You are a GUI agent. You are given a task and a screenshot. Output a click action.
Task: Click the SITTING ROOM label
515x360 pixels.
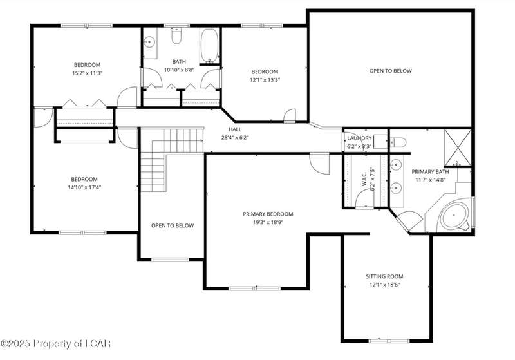click(384, 276)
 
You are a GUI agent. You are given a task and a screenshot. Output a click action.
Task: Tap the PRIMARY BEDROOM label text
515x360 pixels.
click(268, 214)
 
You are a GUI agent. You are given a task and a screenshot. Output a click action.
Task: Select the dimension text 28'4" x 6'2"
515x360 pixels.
click(235, 138)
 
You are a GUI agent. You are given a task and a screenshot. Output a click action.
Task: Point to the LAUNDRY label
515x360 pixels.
click(359, 138)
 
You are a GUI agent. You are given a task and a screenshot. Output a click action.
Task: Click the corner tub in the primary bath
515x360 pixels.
click(454, 216)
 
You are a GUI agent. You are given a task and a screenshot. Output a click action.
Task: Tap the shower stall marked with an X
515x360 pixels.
click(458, 147)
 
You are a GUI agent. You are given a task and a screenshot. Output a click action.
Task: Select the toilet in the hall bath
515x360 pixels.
click(176, 36)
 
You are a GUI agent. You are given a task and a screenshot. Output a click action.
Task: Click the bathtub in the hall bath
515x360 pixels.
click(209, 46)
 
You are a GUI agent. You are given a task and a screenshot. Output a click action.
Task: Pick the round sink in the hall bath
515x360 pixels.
click(149, 42)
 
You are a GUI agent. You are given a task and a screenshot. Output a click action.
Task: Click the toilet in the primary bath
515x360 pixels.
click(397, 142)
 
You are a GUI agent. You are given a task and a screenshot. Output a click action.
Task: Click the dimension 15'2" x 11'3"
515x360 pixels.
click(88, 73)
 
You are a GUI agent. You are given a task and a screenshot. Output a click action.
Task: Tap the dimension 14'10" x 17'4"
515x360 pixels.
click(84, 187)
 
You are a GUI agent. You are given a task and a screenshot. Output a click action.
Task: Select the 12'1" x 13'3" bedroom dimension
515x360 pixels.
click(265, 80)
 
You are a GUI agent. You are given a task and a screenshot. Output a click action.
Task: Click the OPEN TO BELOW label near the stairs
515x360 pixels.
click(173, 225)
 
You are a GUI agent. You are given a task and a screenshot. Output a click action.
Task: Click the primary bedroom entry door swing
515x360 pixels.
click(319, 163)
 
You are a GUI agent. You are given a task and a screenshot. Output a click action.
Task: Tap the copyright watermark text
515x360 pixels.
click(55, 344)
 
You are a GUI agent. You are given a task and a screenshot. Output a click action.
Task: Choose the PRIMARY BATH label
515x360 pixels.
click(430, 172)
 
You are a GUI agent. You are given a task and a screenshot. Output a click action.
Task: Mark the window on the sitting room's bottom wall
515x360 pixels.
click(389, 341)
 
